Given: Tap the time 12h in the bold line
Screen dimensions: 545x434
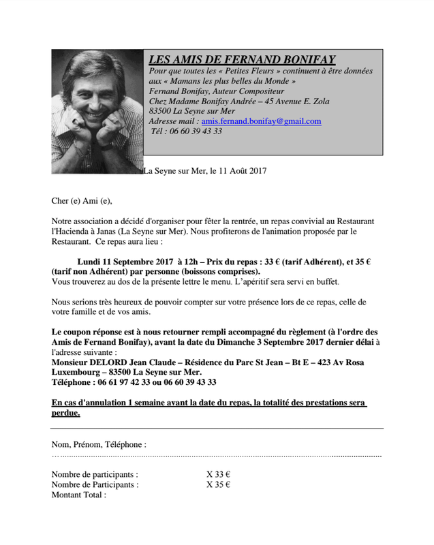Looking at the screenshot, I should click(187, 261).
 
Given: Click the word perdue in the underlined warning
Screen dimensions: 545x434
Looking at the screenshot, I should click(65, 414).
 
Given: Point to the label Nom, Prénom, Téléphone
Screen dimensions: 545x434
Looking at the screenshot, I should click(99, 444).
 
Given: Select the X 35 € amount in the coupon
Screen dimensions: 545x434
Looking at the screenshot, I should click(218, 485).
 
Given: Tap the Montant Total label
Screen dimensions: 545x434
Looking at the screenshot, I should click(79, 495).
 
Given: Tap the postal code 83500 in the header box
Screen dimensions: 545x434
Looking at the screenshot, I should click(161, 111).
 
